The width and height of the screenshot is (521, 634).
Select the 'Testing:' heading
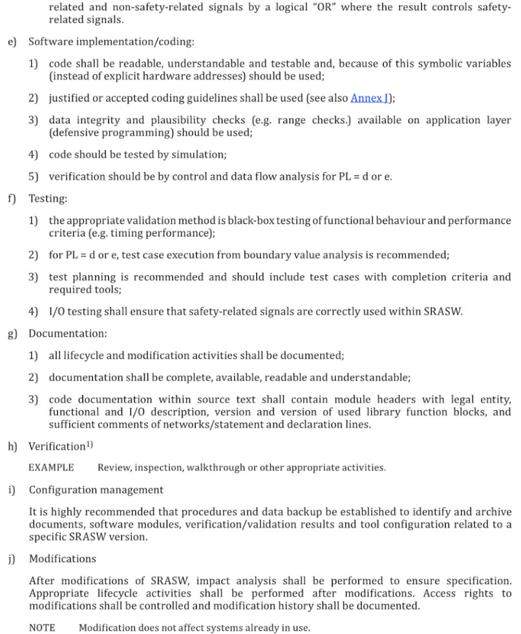pos(48,199)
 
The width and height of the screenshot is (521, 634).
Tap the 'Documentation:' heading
pos(68,334)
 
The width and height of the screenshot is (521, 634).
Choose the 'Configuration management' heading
pos(96,489)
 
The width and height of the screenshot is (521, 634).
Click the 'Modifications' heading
pos(62,558)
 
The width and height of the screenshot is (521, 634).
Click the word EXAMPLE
pos(51,467)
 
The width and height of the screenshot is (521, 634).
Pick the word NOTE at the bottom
pos(42,628)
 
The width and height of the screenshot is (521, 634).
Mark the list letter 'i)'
pos(12,489)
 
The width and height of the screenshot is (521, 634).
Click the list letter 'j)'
pos(12,558)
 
